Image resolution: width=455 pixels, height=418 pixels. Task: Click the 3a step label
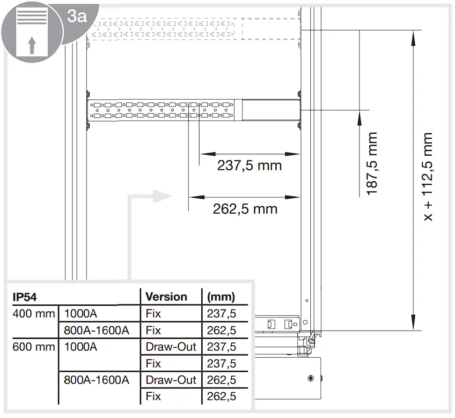(x=77, y=16)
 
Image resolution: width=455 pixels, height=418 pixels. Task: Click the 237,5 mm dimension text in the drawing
(x=250, y=166)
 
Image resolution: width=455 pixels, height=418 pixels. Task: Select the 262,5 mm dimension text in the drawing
(x=245, y=209)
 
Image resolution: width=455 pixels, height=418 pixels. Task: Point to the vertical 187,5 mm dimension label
(x=372, y=164)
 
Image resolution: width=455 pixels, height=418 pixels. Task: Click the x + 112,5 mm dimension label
(x=428, y=177)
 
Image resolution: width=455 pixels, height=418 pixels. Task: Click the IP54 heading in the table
(x=25, y=297)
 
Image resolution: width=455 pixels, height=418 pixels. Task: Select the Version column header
(x=166, y=297)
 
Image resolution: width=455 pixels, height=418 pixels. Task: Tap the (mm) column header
(x=221, y=297)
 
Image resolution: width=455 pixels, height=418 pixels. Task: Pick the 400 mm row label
(x=34, y=314)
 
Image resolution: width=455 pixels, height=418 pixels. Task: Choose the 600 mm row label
(x=34, y=347)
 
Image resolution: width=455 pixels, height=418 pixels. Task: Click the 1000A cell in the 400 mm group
(x=81, y=314)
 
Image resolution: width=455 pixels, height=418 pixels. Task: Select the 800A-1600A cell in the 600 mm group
(x=96, y=380)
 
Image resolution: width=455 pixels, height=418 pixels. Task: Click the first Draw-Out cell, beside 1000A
(x=171, y=347)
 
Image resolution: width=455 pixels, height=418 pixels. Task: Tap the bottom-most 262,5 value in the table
(x=221, y=396)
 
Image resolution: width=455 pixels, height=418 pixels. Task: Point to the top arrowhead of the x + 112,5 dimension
(x=413, y=38)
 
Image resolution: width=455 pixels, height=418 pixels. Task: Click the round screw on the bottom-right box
(x=311, y=378)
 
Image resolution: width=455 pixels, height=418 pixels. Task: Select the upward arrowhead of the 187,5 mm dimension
(x=360, y=118)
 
